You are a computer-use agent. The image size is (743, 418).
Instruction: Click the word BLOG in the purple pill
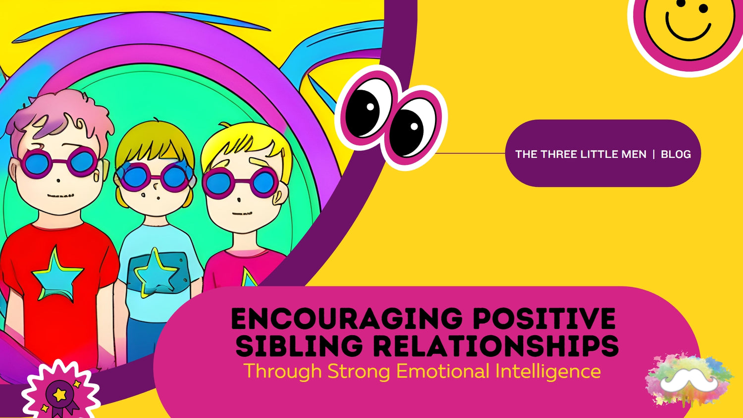[676, 154]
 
